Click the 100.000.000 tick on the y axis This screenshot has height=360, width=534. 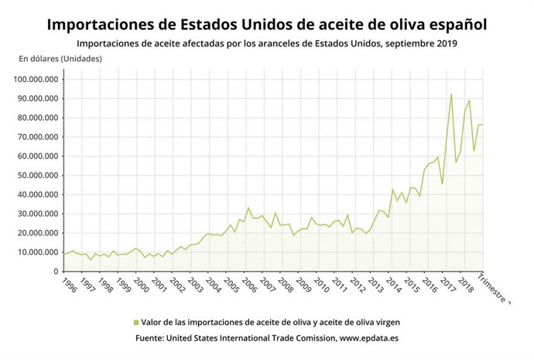[x=33, y=79]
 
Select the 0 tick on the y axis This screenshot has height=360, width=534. [x=56, y=272]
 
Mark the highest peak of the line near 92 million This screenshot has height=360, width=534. [x=451, y=94]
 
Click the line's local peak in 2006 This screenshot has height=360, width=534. [x=248, y=207]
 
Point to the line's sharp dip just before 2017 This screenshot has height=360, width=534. [x=442, y=184]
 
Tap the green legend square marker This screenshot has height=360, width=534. [x=136, y=321]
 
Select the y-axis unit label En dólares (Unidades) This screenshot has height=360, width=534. [x=60, y=59]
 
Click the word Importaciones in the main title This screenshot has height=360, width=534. [x=100, y=24]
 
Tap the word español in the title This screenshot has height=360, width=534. [x=457, y=24]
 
